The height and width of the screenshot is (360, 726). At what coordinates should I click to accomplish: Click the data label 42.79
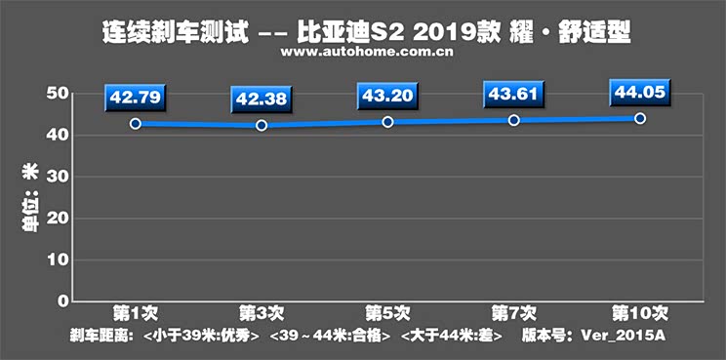tap(135, 98)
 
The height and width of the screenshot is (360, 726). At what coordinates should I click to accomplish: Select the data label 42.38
tap(261, 100)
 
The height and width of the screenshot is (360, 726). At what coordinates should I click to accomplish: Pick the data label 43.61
tap(513, 96)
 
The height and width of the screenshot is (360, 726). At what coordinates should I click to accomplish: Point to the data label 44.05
tap(639, 93)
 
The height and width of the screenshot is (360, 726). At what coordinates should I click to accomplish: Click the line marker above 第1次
tap(135, 124)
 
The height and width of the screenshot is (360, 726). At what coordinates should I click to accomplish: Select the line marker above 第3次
tap(261, 126)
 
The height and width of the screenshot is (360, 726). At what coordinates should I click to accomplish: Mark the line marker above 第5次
tap(387, 122)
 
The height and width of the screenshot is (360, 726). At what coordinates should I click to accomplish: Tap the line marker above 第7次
tap(513, 120)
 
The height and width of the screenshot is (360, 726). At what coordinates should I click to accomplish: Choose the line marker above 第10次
tap(639, 118)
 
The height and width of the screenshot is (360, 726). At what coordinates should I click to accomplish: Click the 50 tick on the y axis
tap(56, 94)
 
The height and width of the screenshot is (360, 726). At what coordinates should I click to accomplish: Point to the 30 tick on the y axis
tap(56, 177)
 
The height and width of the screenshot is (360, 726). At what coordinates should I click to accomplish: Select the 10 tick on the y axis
tap(56, 260)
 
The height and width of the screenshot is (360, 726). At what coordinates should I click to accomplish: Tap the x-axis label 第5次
tap(387, 314)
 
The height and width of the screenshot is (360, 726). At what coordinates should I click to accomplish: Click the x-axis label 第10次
tap(638, 314)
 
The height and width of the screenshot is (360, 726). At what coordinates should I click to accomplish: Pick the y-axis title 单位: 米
tap(29, 198)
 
